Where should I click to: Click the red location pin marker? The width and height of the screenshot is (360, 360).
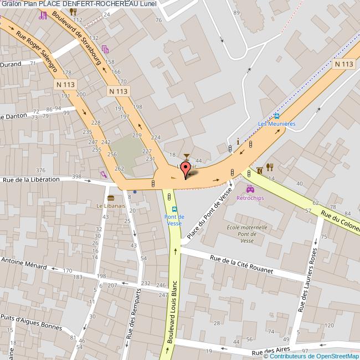(186, 168)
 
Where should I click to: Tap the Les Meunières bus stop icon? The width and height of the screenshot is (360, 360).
(276, 116)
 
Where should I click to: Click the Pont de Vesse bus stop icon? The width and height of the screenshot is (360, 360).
(175, 209)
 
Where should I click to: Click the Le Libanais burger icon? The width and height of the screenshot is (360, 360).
(110, 198)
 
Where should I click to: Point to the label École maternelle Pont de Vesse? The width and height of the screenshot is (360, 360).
(246, 234)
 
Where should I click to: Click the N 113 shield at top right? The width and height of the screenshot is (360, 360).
(343, 64)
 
